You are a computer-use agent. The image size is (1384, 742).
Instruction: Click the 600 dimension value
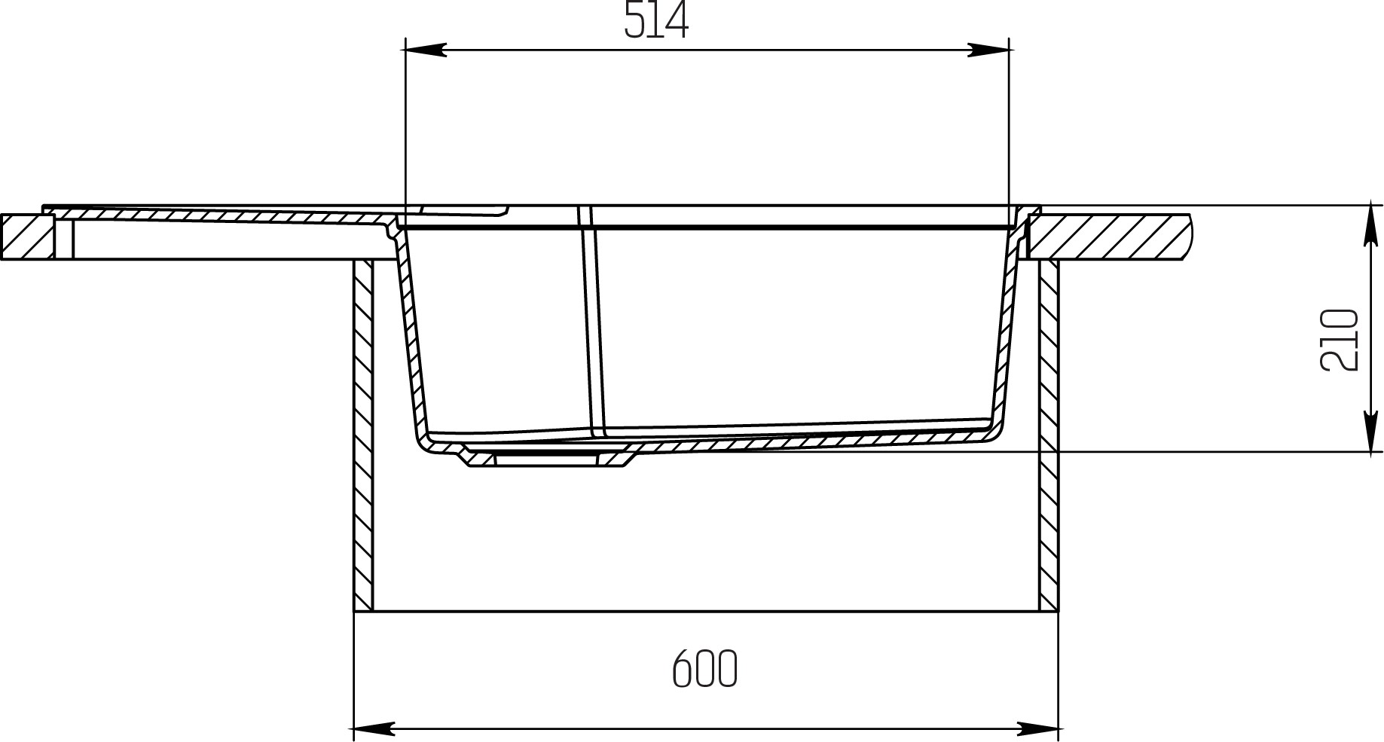coord(704,668)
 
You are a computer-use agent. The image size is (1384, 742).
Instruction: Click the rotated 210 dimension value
coord(1339,340)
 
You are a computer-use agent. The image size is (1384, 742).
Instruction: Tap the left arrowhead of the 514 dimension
coord(426,50)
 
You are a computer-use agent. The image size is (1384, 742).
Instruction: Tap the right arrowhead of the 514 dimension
coord(988,50)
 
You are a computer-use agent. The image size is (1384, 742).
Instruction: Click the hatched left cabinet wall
coord(363,435)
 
